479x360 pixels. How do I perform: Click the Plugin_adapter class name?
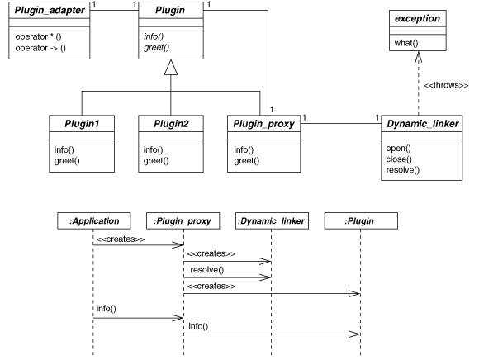coord(50,11)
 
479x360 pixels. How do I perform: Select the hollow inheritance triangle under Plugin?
coord(171,68)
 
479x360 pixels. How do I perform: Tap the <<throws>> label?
coord(446,85)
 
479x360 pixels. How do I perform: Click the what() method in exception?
coord(406,43)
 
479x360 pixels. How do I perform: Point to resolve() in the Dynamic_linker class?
coord(403,170)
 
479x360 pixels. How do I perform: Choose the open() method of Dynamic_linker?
coord(398,149)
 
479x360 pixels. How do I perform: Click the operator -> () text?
coord(40,48)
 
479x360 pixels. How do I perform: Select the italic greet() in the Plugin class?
coord(156,48)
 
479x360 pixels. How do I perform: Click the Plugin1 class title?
coord(82,124)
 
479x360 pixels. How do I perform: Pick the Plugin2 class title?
coord(171,124)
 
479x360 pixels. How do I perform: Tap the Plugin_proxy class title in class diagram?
coord(263,124)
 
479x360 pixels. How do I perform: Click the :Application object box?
coord(94,220)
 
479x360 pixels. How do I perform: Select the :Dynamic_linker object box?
coord(272,220)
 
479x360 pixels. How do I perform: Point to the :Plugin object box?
coord(361,220)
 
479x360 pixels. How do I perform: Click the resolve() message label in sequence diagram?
coord(206,270)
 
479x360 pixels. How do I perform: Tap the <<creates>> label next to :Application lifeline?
coord(121,239)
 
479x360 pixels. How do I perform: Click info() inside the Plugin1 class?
coord(64,150)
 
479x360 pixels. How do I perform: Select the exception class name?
coord(417,19)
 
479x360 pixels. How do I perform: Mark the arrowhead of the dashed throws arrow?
coord(419,57)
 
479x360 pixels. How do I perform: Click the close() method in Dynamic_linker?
coord(399,159)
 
